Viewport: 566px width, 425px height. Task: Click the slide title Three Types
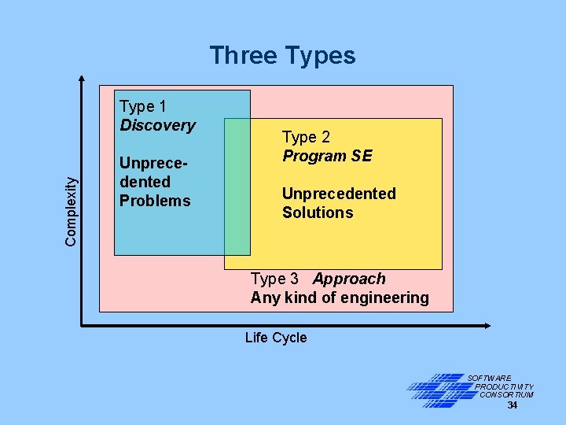coord(282,56)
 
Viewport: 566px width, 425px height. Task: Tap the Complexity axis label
coord(72,210)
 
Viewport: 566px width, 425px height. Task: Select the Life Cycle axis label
coord(276,338)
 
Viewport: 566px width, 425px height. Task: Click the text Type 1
coord(142,106)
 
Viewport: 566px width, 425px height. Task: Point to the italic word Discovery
coord(157,125)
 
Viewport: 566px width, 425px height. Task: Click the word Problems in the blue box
coord(155,201)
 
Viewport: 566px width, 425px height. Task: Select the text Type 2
coord(306,137)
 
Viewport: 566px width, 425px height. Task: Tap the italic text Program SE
coord(327,156)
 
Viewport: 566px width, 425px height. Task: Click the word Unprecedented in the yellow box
coord(339,194)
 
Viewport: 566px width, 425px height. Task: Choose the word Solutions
coord(318,213)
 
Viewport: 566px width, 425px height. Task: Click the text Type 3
coord(274,279)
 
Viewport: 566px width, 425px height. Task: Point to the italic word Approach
coord(349,279)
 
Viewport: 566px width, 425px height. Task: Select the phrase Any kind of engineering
coord(340,297)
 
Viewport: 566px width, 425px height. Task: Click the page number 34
coord(512,405)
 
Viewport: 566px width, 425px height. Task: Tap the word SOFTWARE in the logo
coord(489,379)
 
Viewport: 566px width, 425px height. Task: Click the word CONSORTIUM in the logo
coord(506,395)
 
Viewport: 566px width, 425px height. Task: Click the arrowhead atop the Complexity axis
coord(83,78)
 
